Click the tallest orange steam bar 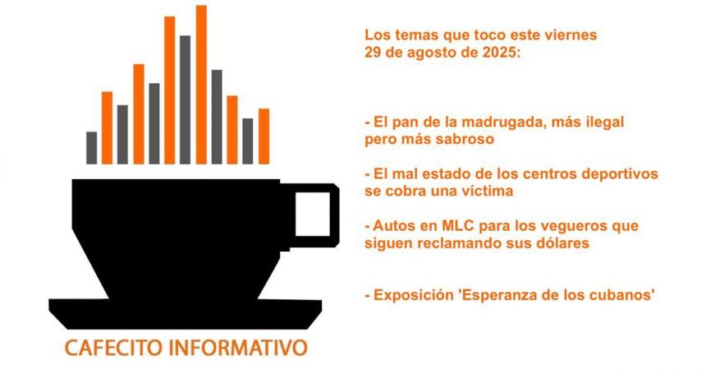tap(201, 85)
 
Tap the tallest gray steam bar tap(185, 99)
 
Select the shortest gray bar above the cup tap(91, 147)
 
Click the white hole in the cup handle tap(313, 214)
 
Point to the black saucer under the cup tap(185, 313)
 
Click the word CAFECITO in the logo tap(113, 349)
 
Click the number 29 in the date tap(372, 53)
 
